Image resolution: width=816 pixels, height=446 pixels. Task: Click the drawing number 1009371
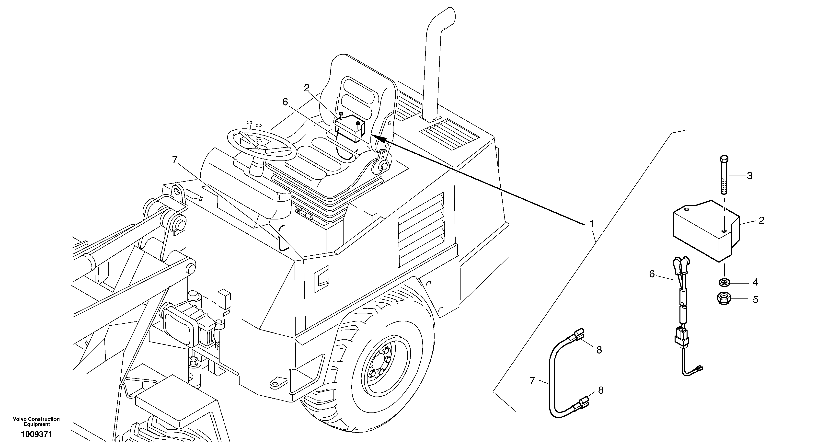(x=36, y=434)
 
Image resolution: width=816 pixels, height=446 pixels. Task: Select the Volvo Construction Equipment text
(x=36, y=422)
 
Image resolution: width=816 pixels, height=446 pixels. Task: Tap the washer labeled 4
(x=724, y=281)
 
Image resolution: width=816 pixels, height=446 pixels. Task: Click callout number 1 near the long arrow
(x=591, y=224)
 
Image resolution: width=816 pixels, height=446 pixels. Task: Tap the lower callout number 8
(x=601, y=390)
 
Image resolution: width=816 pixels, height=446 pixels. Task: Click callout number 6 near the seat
(x=285, y=102)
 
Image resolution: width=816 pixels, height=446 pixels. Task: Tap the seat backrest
(x=358, y=95)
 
